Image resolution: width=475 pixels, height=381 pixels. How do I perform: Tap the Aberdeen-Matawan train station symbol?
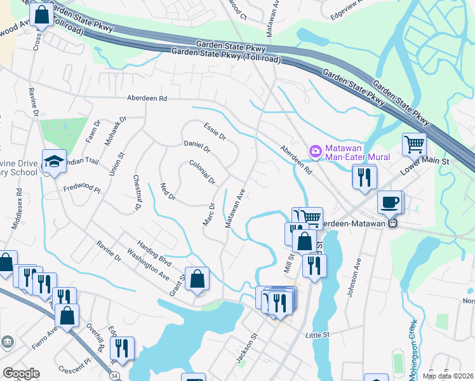(393, 224)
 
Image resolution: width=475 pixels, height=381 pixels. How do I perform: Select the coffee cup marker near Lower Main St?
(389, 203)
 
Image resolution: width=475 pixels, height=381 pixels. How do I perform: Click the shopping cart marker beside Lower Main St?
(414, 144)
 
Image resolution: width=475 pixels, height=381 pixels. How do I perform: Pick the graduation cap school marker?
(54, 161)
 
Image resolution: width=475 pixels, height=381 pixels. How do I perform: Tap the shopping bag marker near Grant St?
(197, 278)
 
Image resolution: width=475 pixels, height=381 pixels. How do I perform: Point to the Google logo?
(21, 373)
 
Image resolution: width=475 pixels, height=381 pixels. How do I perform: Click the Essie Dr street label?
(215, 131)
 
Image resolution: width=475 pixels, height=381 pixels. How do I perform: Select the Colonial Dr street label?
(203, 171)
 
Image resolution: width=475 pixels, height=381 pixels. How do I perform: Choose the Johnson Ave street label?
(358, 272)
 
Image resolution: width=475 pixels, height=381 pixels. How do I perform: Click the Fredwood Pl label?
(82, 189)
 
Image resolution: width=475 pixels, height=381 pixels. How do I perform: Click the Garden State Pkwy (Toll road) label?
(226, 58)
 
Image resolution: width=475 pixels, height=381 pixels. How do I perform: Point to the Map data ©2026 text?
(448, 376)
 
